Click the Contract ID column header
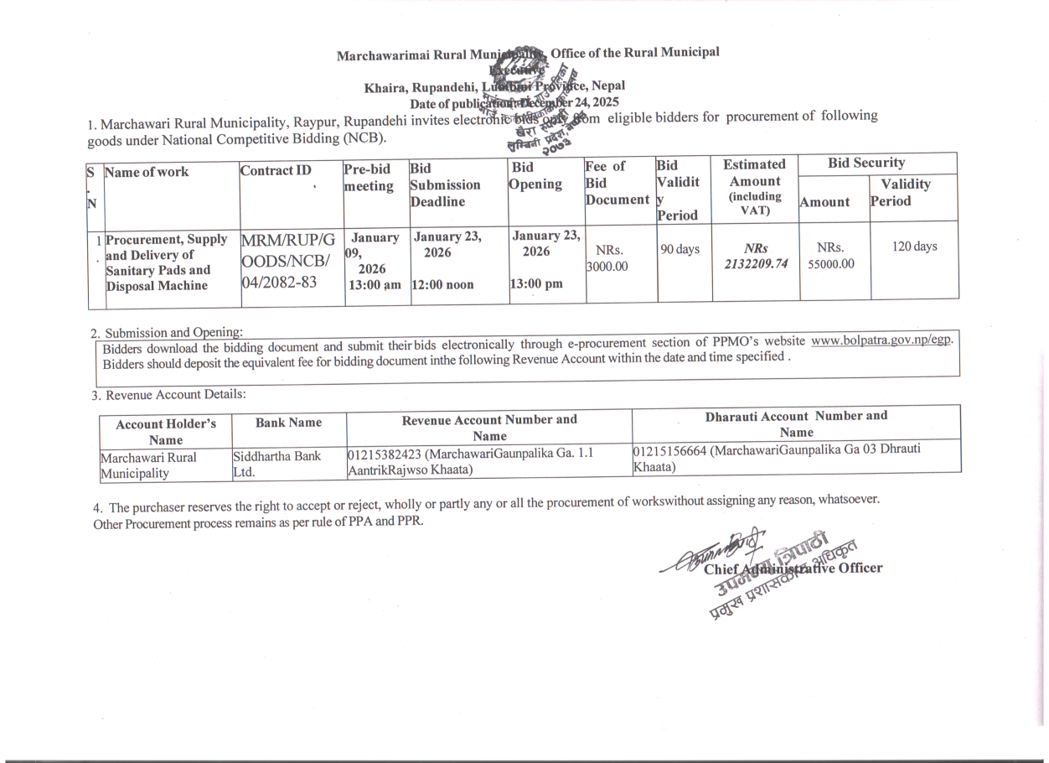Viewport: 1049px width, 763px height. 275,171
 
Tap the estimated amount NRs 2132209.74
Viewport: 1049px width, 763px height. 755,257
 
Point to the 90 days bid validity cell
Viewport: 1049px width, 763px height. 680,249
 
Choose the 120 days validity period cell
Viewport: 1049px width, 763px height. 914,247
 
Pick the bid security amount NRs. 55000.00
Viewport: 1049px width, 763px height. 830,256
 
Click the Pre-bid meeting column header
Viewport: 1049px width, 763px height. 369,178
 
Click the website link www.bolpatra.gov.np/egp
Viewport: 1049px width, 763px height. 881,342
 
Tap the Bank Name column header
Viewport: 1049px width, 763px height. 288,423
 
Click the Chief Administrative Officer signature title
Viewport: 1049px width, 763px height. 793,568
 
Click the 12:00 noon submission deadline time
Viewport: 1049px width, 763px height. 442,285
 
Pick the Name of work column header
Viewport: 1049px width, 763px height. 147,172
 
